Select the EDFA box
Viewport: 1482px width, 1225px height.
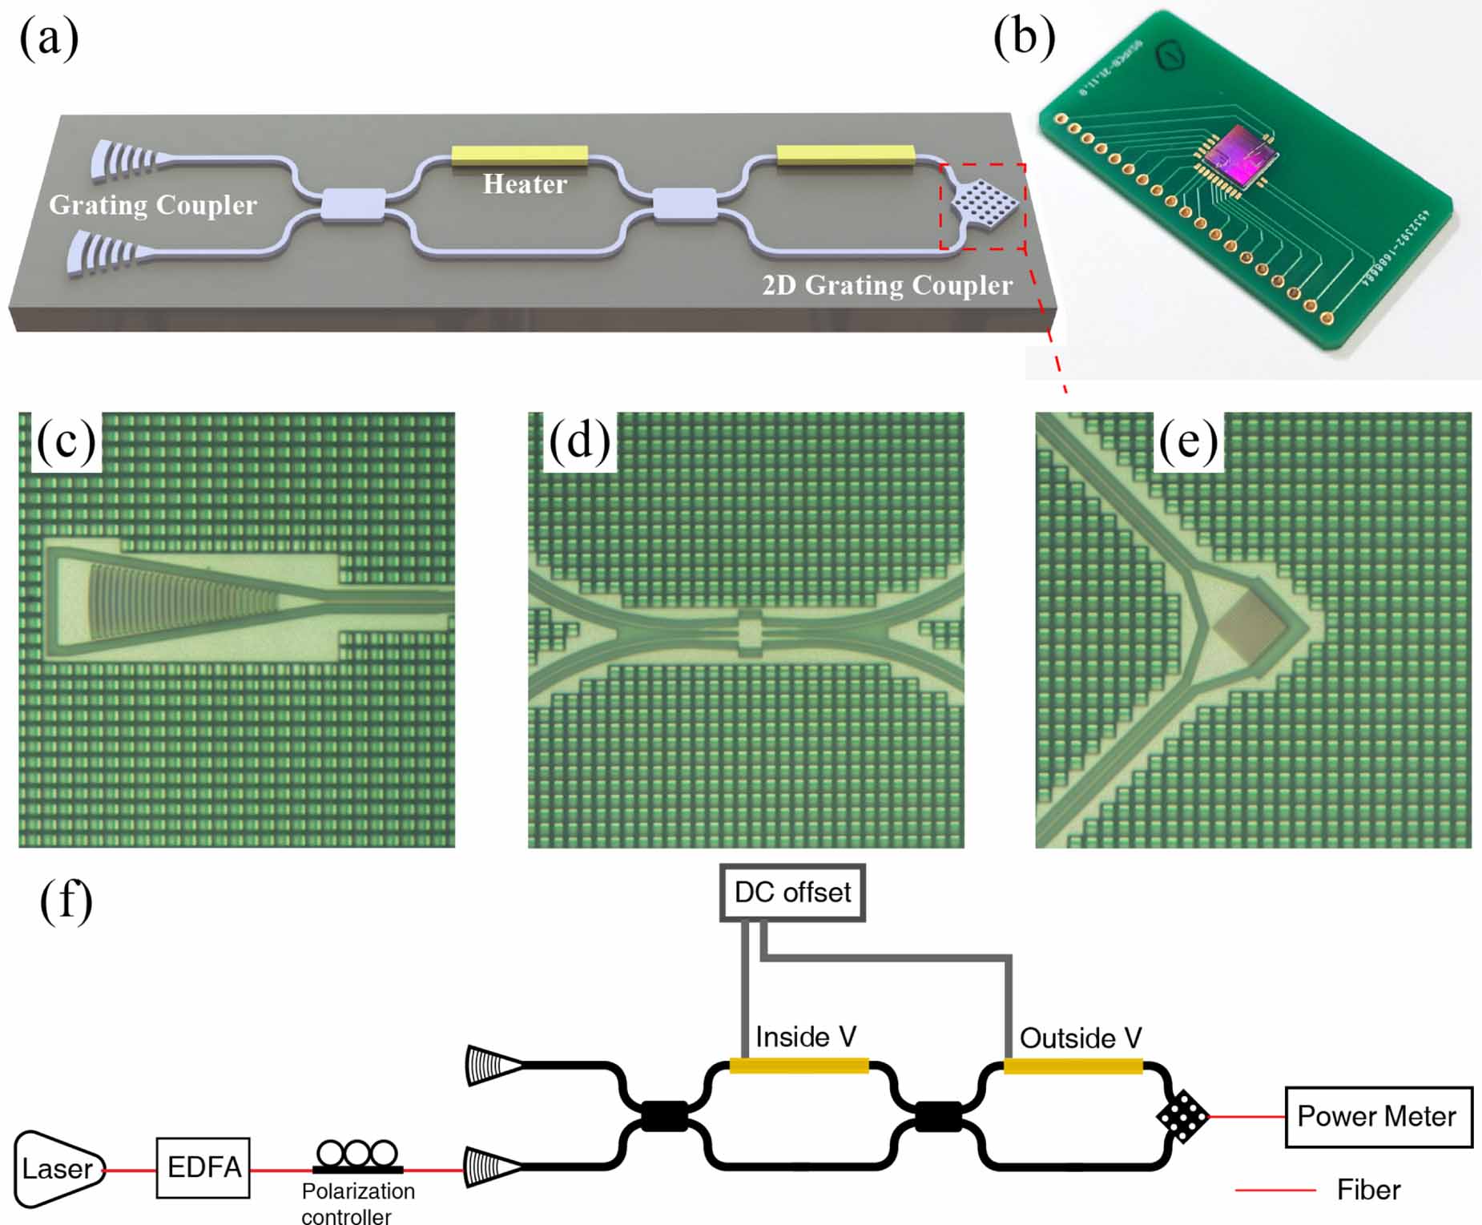point(203,1167)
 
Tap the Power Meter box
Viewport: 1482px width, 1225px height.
point(1378,1116)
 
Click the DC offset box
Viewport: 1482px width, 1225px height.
point(792,893)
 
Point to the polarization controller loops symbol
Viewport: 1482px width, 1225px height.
point(357,1156)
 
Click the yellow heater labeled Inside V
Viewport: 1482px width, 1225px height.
point(799,1065)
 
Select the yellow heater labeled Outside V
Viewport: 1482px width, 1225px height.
point(1073,1066)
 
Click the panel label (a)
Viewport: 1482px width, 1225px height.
point(49,38)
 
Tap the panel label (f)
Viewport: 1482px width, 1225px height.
point(66,901)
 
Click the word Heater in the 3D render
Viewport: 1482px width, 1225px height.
point(525,184)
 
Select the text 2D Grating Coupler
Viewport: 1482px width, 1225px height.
point(887,285)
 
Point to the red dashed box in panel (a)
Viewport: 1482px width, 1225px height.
point(983,207)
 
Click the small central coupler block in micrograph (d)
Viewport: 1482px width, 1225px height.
point(748,631)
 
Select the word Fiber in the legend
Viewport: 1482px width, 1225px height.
point(1368,1190)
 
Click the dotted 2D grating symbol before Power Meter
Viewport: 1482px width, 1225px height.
point(1182,1116)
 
